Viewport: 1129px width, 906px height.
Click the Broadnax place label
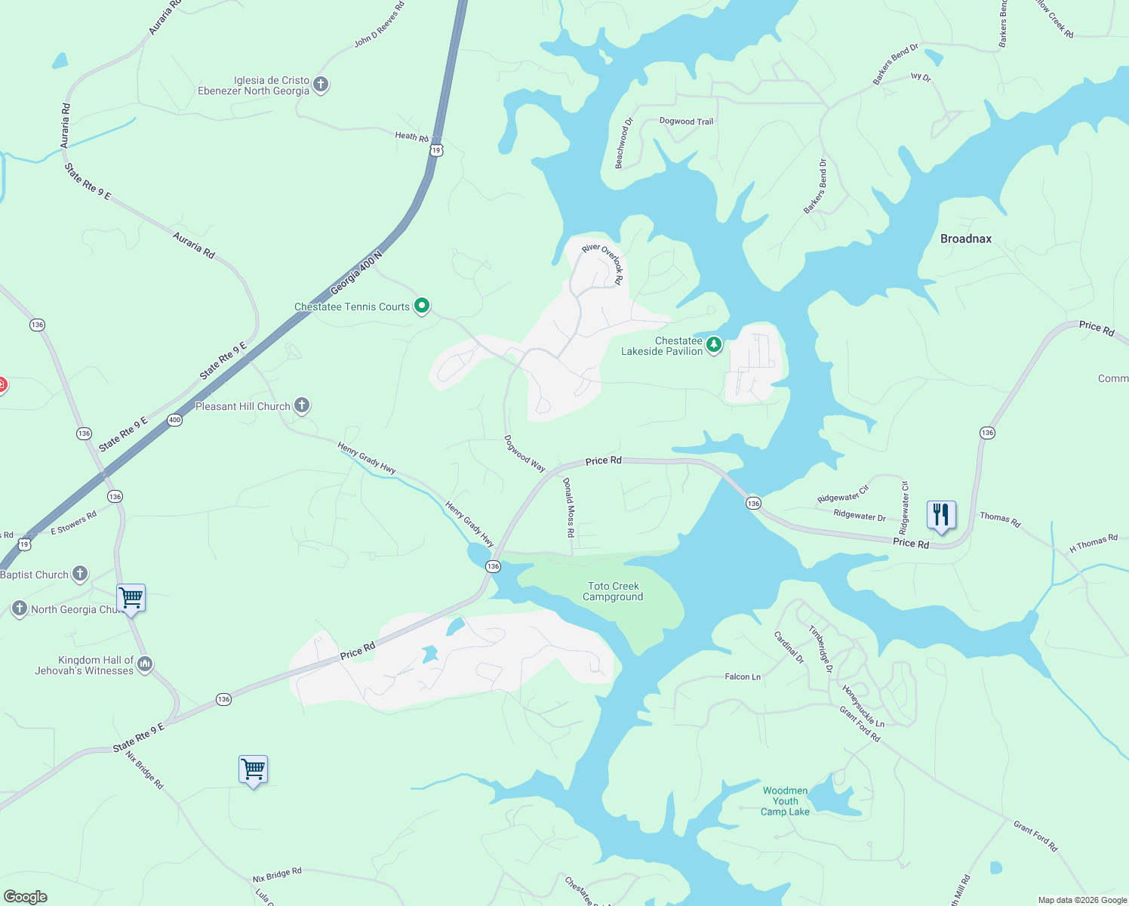tap(965, 239)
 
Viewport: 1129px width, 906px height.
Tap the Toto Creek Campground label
tap(613, 591)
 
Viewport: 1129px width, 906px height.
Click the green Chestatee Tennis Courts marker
tap(422, 306)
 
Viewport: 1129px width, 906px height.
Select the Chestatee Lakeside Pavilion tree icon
tap(713, 345)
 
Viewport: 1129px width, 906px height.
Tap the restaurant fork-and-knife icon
tap(940, 516)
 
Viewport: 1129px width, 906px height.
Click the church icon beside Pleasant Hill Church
tap(302, 405)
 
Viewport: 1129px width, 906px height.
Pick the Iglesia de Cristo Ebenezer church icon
tap(321, 84)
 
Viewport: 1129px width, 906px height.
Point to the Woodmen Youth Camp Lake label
tap(785, 801)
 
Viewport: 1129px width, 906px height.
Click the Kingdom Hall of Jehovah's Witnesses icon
tap(145, 664)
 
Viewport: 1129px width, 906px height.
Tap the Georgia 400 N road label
tap(356, 273)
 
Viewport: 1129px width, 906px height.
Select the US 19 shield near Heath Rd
tap(436, 151)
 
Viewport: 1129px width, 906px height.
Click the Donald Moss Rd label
tap(569, 507)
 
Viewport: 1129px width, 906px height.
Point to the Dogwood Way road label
tap(525, 454)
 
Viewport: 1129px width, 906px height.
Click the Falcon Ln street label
tap(743, 676)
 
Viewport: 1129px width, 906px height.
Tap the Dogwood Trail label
tap(686, 121)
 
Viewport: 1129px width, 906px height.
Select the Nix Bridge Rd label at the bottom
tap(277, 875)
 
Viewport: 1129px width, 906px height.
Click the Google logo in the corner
tap(26, 896)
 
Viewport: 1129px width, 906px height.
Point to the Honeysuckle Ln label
tap(863, 707)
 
